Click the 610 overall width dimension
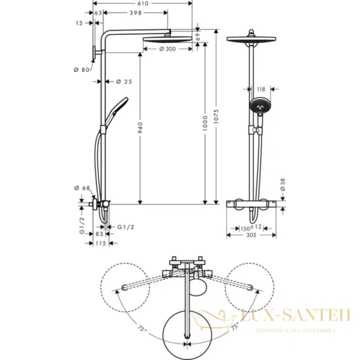pos(142,4)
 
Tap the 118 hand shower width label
pos(260,89)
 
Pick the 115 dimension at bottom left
pos(99,243)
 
